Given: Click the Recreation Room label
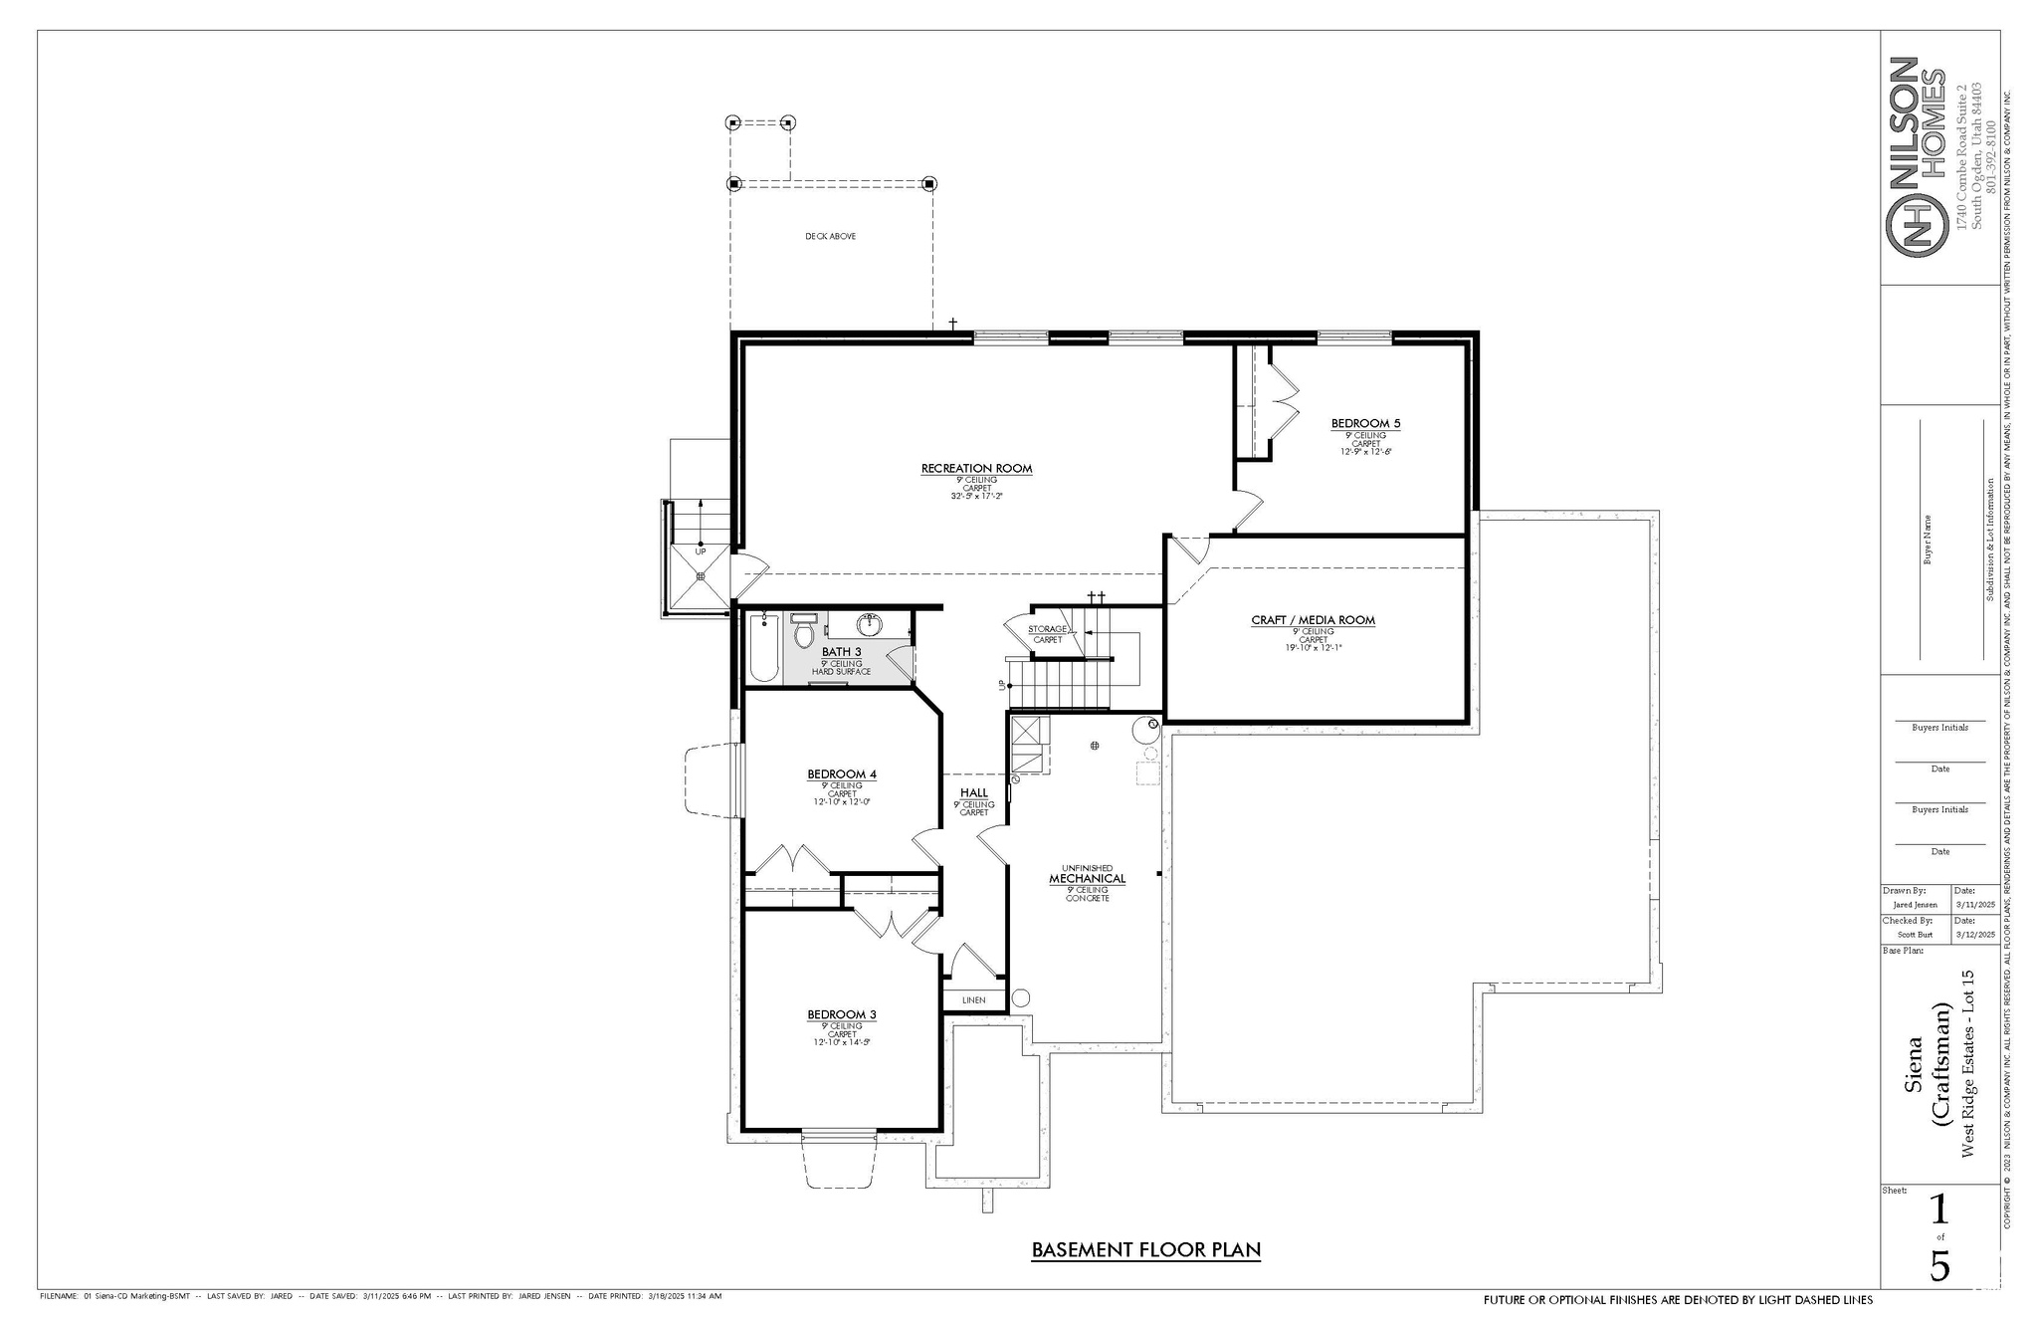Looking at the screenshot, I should [x=976, y=468].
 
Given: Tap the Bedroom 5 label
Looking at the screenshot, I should [x=1365, y=424].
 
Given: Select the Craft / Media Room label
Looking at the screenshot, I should [x=1313, y=620].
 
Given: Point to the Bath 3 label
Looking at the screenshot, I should [x=841, y=652].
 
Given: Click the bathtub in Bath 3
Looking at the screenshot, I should [x=763, y=649].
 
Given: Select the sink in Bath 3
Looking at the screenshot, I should [x=870, y=625].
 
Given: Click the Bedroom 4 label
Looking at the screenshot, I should [x=841, y=774].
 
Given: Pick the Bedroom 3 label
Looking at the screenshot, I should [x=841, y=1015].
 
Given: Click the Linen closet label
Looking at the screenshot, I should [x=973, y=999].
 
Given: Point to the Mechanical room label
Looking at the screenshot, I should [x=1087, y=879].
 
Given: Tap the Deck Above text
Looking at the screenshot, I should [x=830, y=237].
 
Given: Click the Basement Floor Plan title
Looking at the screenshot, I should [x=1145, y=1249].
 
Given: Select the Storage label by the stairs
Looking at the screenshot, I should [x=1047, y=629].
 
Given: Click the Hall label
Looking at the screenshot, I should [x=973, y=793].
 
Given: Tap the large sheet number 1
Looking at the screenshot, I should [x=1939, y=1210].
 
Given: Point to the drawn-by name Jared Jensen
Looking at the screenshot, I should [x=1914, y=905].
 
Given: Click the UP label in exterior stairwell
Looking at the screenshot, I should [x=700, y=550].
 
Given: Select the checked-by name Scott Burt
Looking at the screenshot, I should [x=1914, y=935].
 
